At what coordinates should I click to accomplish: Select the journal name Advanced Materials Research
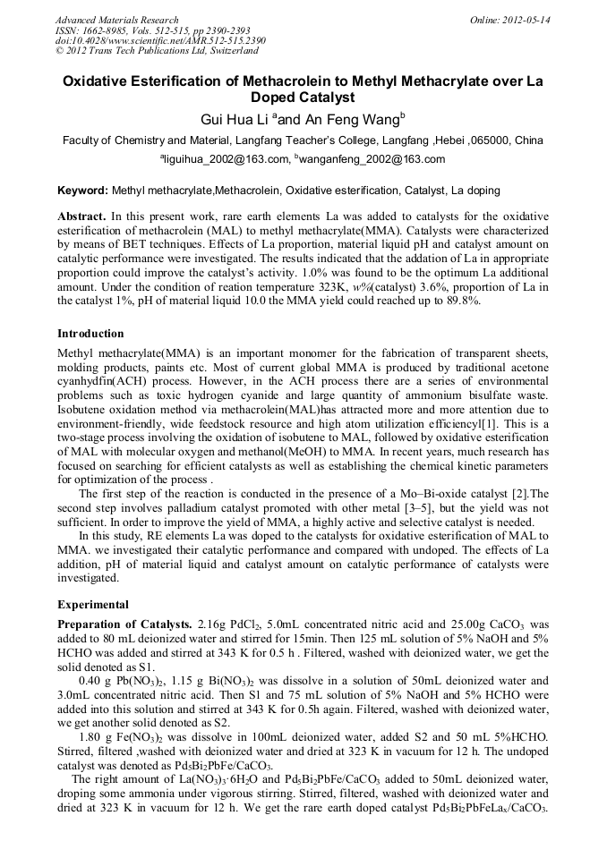click(x=117, y=20)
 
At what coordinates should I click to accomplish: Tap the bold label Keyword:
click(x=82, y=191)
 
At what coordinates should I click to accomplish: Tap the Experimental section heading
click(x=92, y=604)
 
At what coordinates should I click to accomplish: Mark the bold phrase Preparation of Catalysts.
click(x=124, y=624)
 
